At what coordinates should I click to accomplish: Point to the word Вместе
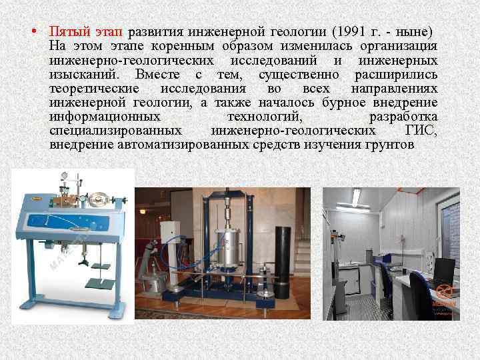point(157,74)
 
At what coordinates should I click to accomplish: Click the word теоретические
point(94,88)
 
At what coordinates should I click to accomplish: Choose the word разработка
point(403,117)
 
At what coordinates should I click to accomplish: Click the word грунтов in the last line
point(391,145)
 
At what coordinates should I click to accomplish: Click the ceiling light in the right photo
point(356,195)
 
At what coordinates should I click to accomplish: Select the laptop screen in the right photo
point(441,270)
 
